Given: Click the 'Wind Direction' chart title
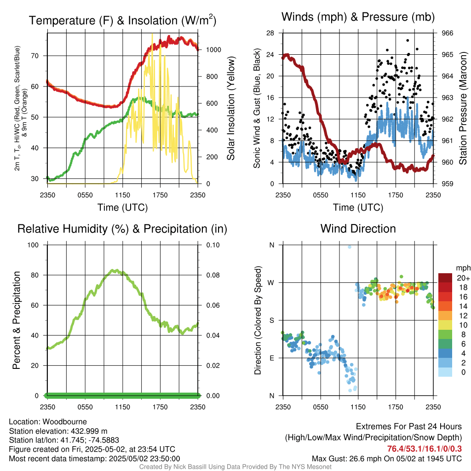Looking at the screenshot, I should [x=358, y=229].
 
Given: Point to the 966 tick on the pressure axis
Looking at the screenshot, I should [x=448, y=33].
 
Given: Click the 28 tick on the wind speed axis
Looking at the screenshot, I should [x=270, y=33].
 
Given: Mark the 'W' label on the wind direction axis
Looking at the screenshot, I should [x=271, y=282].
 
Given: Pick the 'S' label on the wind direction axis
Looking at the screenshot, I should [x=271, y=320].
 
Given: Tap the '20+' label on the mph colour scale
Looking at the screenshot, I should [x=462, y=278].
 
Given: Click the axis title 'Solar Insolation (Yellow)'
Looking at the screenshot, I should [x=230, y=109].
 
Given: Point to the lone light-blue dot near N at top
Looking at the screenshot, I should [x=350, y=247].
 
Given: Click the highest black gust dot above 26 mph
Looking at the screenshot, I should [x=408, y=40].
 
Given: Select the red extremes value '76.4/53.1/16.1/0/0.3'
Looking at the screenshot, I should [x=425, y=449].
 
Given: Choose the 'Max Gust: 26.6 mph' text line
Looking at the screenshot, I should [x=387, y=459].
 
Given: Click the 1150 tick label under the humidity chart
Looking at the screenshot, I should [x=123, y=407].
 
